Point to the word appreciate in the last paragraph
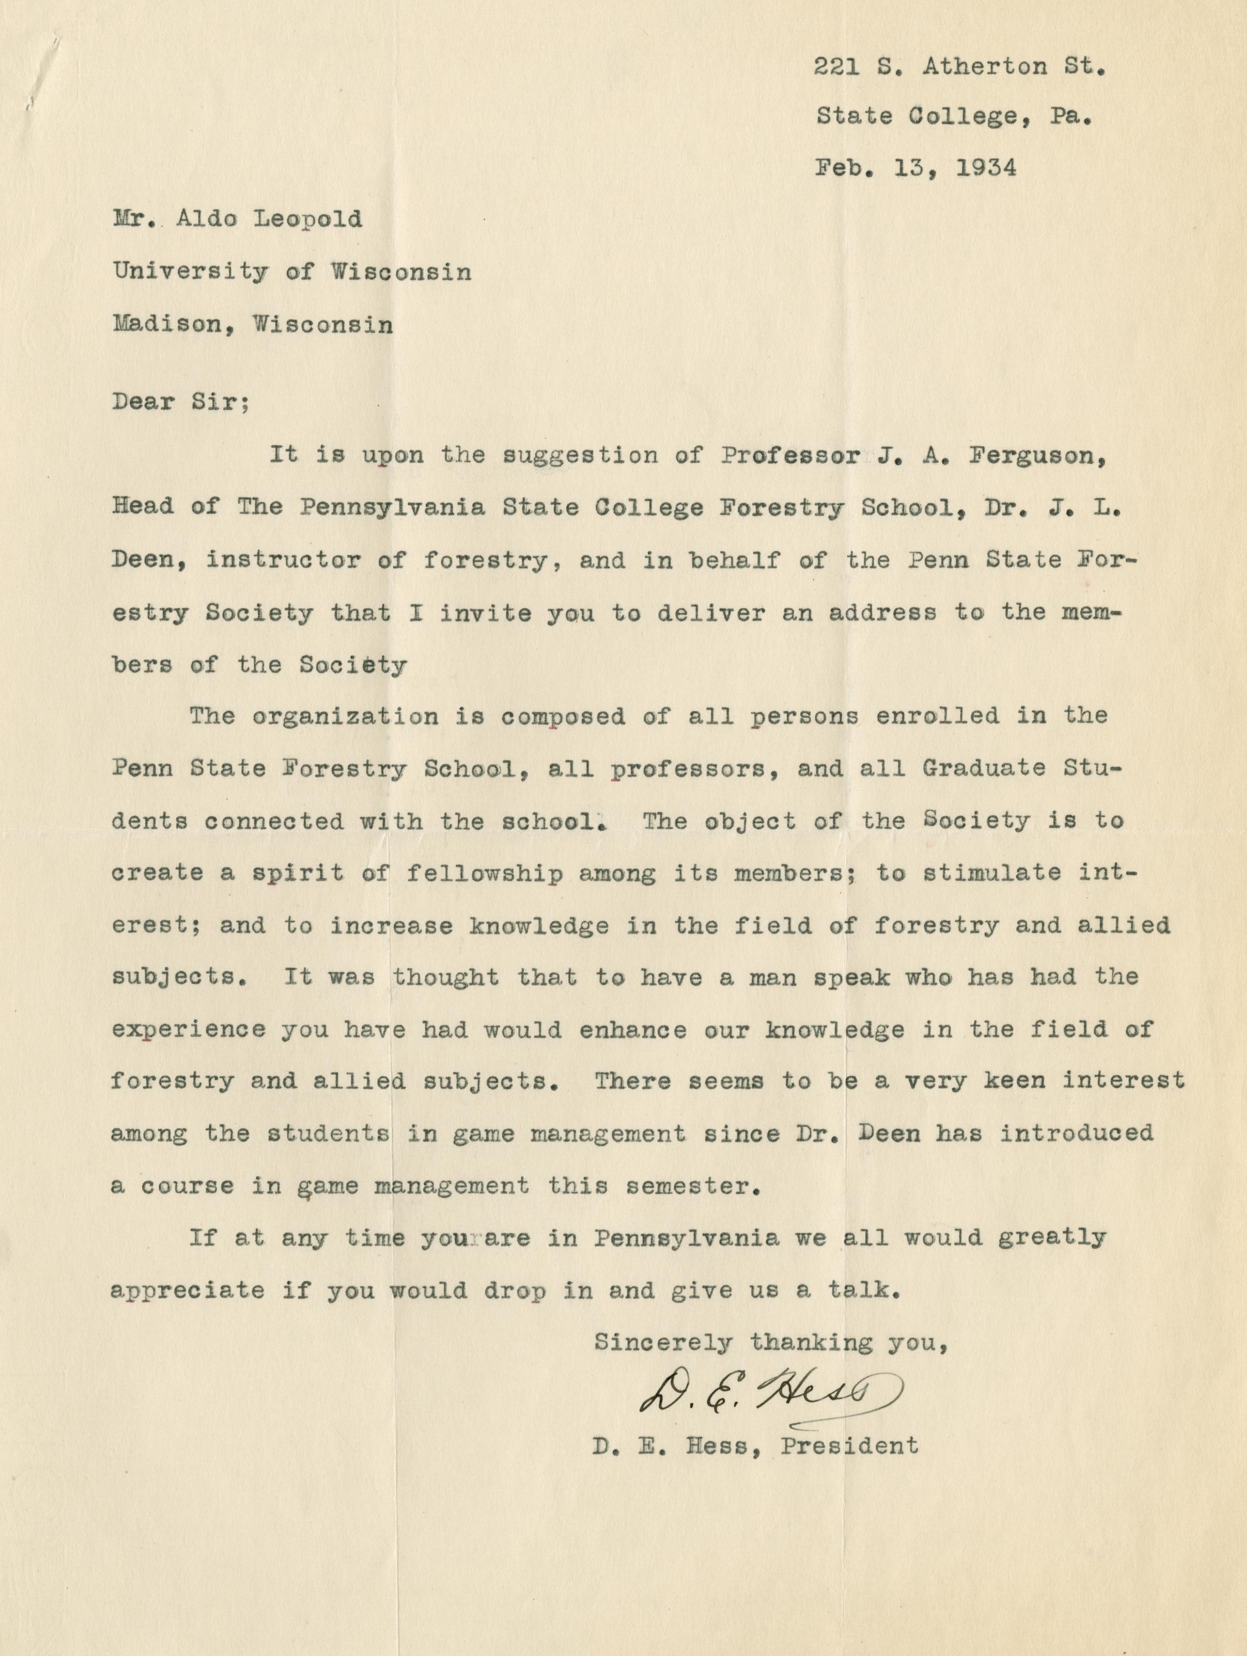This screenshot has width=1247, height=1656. click(x=187, y=1290)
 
